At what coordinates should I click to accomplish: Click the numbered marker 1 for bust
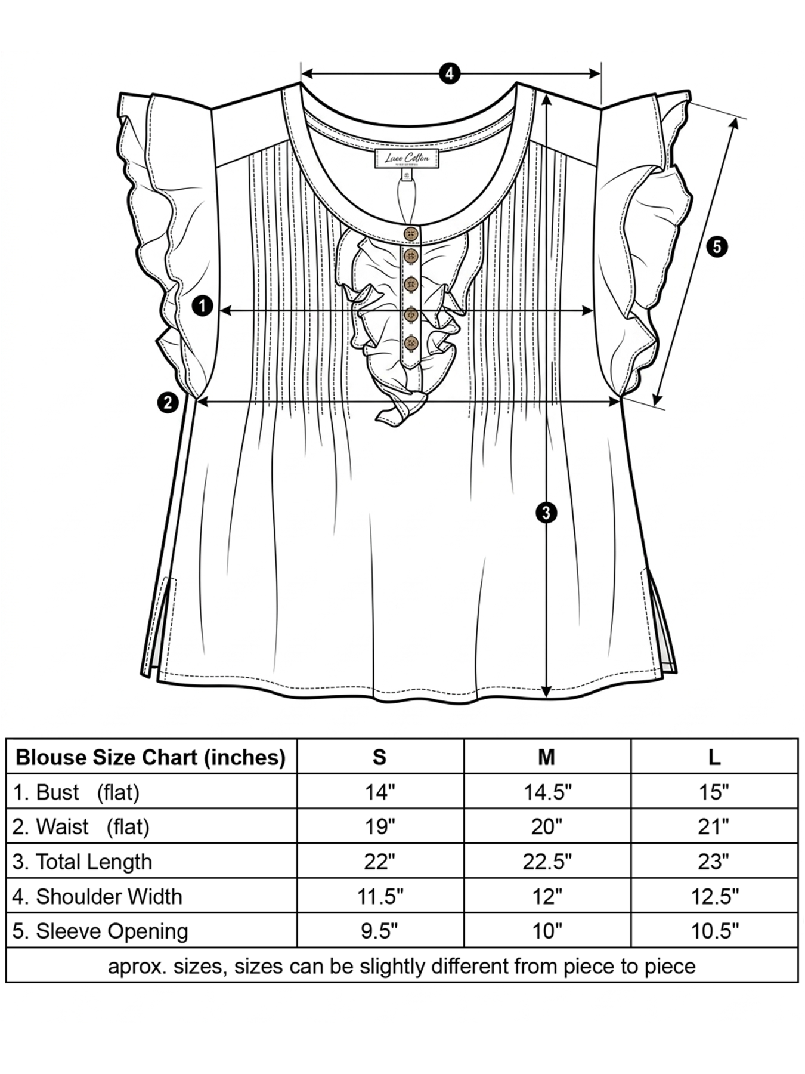(x=203, y=306)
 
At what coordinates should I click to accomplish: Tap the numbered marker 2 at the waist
(x=168, y=403)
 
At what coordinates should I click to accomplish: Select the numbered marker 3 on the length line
(x=546, y=513)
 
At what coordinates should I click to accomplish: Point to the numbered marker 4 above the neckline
(x=450, y=73)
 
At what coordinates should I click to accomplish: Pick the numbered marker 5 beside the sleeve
(x=717, y=246)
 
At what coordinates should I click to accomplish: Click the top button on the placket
(x=411, y=233)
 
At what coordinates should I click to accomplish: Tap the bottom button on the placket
(x=411, y=344)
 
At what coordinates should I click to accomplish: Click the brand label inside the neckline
(x=407, y=159)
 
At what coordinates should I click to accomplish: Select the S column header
(x=380, y=757)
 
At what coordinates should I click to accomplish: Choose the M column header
(x=546, y=757)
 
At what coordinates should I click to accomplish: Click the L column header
(x=714, y=757)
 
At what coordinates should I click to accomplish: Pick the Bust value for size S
(x=380, y=792)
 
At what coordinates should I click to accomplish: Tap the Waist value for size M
(x=546, y=827)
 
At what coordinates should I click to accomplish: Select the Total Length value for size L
(x=714, y=862)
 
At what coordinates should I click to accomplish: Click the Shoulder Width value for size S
(x=380, y=896)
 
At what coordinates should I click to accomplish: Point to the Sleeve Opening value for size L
(x=714, y=931)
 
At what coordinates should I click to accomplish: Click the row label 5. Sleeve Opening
(x=100, y=931)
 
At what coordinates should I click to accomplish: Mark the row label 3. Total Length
(x=82, y=862)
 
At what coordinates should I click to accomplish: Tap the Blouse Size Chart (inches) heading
(x=151, y=758)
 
